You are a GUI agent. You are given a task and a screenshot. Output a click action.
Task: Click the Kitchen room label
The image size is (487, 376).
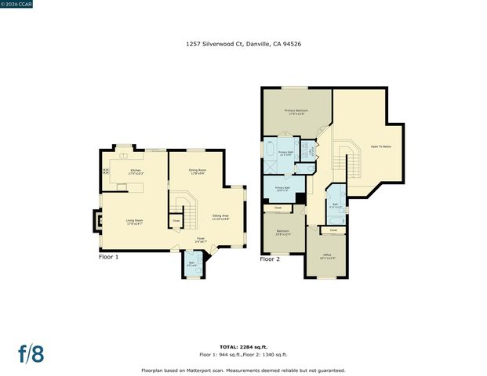coord(136,172)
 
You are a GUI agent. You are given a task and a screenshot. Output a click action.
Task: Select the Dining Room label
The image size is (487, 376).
coord(198,172)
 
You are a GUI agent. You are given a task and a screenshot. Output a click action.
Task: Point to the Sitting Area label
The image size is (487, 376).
coord(220,216)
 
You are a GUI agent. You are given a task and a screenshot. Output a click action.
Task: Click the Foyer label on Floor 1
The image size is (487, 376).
coord(201,241)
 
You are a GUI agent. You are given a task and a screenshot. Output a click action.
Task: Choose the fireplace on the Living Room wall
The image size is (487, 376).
coord(96,221)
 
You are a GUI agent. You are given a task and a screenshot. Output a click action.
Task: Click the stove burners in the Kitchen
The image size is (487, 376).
coord(105,172)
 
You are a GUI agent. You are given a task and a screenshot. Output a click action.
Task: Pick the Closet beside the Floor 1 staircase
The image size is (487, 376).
coord(176,221)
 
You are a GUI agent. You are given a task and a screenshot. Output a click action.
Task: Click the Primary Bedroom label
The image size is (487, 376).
coord(296,112)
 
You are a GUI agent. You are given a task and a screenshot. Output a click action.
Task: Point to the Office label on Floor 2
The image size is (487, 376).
coord(327,256)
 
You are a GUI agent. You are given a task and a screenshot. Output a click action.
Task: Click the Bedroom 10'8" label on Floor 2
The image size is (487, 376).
coord(283,233)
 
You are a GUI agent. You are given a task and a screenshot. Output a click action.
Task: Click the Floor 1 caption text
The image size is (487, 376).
coord(108,257)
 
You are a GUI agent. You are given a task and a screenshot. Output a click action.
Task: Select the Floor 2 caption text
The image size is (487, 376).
coord(270,258)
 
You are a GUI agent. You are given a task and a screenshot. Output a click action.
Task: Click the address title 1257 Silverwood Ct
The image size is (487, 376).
coord(242,45)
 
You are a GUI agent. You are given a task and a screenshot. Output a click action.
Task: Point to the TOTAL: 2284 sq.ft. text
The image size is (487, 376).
coord(242,345)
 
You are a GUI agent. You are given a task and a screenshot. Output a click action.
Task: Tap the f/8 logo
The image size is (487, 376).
coord(31,353)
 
